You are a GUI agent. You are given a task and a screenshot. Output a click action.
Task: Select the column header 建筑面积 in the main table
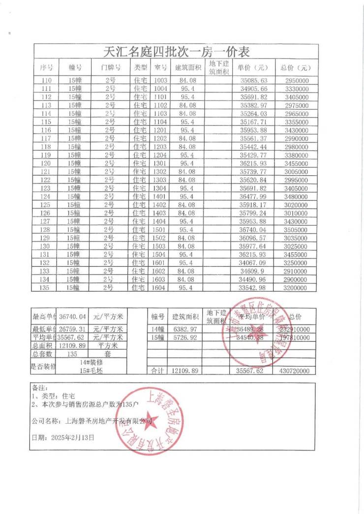188,67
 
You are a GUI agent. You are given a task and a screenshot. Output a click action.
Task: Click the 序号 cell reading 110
46,80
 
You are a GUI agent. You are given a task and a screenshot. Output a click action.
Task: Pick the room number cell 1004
161,88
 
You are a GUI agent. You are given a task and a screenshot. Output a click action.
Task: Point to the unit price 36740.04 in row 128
253,229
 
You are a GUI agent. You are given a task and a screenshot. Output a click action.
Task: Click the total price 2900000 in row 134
296,279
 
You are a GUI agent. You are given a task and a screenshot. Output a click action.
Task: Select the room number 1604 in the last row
161,287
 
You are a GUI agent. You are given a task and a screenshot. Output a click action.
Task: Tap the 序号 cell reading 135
46,287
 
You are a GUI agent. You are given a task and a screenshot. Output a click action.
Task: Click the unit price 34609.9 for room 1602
253,271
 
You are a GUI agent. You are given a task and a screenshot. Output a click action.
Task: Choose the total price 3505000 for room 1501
296,229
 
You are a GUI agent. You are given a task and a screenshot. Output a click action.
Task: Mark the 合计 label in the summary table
157,371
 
